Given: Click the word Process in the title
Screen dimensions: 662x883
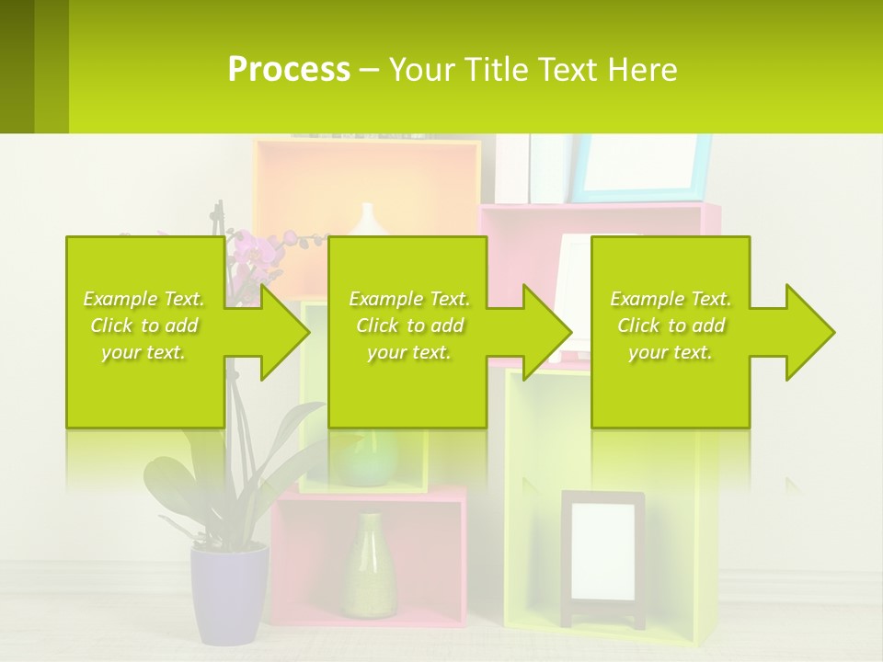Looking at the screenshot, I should (289, 70).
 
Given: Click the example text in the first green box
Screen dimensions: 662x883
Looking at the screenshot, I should (144, 325).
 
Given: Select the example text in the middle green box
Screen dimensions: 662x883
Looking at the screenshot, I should (409, 325).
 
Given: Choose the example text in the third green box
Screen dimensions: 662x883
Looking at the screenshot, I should (671, 325).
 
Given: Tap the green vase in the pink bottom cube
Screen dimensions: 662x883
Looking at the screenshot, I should (371, 565).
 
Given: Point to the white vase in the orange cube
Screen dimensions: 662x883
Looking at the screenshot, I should (369, 221).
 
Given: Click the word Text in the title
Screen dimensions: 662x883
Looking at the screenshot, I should (568, 70).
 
